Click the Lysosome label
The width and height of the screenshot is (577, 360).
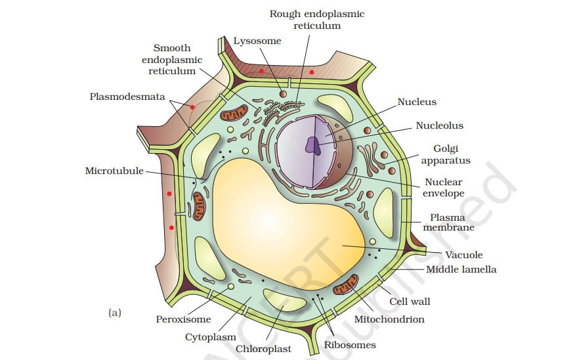[257, 41]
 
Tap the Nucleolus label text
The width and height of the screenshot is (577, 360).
[439, 125]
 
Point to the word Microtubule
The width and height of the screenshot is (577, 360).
[114, 171]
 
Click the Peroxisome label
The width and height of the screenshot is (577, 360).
[183, 319]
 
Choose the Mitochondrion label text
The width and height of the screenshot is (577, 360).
[389, 319]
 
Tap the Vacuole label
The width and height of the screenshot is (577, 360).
[463, 255]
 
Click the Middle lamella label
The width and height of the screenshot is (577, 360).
[461, 269]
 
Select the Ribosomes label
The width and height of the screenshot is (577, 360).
[350, 344]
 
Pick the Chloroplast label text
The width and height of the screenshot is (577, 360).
[263, 349]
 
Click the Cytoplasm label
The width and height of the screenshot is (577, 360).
[211, 337]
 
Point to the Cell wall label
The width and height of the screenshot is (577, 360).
[410, 302]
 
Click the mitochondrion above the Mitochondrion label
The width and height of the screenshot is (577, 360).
[346, 286]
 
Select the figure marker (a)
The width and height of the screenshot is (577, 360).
[114, 313]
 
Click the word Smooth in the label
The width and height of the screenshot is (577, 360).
[172, 48]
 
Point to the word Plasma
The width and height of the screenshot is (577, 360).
[448, 217]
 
